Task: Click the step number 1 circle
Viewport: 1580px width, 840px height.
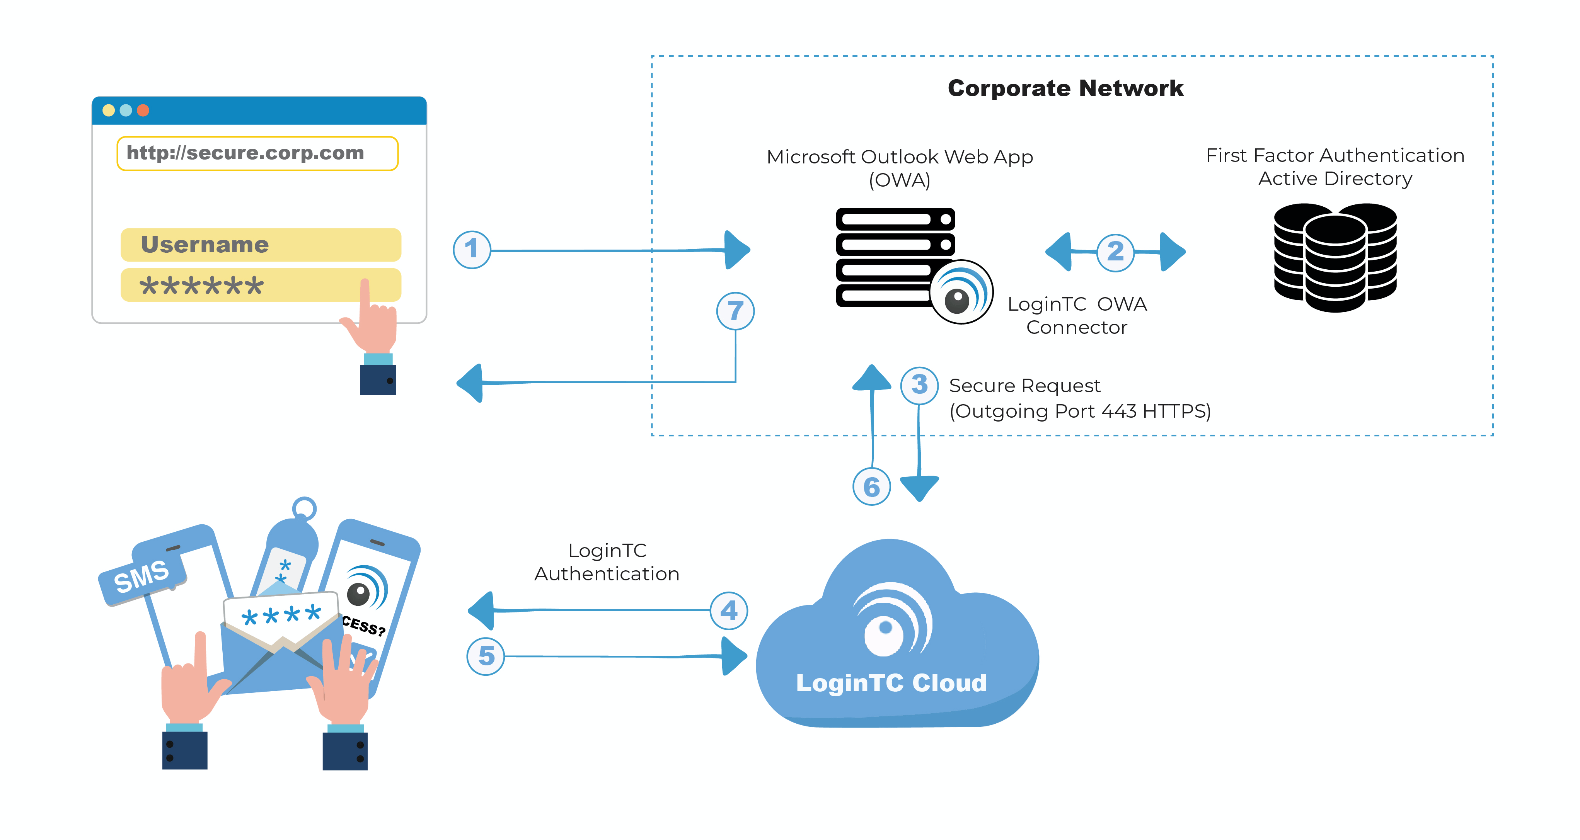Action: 472,250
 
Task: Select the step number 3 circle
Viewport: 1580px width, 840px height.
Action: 919,385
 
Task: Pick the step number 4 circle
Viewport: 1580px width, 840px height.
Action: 729,610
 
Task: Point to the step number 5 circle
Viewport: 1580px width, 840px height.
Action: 486,656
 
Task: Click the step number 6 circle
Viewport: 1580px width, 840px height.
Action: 872,487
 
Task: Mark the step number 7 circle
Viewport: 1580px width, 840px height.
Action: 735,311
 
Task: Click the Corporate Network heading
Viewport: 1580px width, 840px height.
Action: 1065,88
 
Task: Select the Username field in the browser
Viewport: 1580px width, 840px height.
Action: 261,245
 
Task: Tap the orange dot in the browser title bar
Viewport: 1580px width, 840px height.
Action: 143,111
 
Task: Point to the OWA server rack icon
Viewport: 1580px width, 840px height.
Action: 895,257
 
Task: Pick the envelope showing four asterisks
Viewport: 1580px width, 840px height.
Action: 281,638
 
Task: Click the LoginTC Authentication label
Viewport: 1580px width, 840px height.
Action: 607,562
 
